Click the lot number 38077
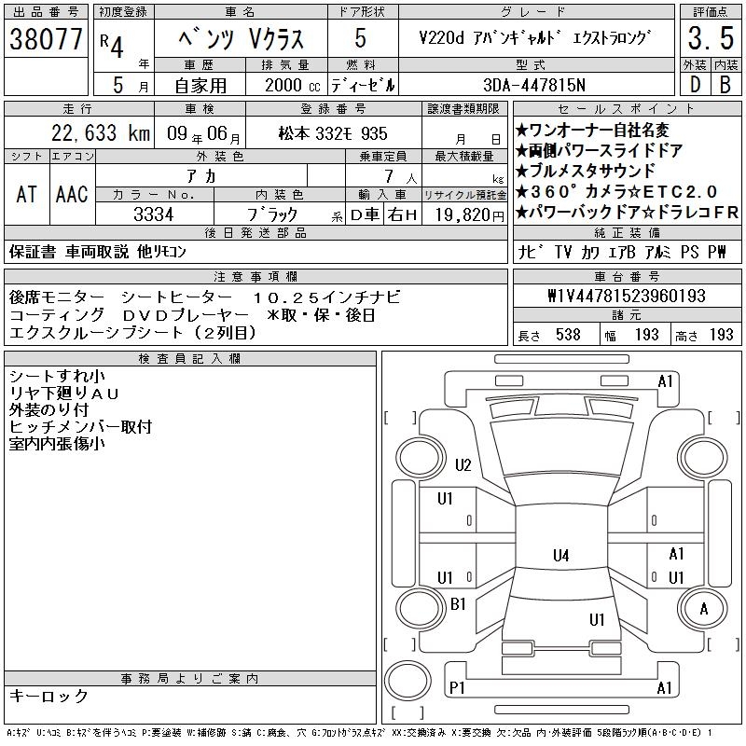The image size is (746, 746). point(46,39)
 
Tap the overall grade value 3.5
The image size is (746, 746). point(711,38)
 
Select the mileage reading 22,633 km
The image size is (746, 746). point(101,133)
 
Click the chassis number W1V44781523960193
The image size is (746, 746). point(627,296)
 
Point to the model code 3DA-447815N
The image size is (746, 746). point(534,85)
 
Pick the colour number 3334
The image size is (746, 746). point(154,214)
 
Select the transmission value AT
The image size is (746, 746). point(27,194)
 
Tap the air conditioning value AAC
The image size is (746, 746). point(72,194)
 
